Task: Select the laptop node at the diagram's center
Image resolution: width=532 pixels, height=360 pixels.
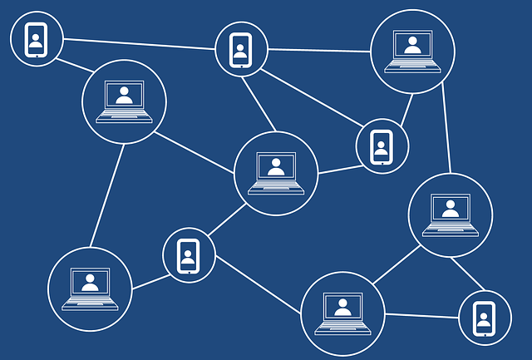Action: (276, 173)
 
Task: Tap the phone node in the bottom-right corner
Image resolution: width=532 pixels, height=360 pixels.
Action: (485, 317)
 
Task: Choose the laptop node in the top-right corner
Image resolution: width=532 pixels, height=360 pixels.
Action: (412, 51)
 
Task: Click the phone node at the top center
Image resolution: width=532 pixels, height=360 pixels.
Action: (241, 48)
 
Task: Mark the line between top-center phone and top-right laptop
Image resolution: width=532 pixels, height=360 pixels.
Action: (319, 50)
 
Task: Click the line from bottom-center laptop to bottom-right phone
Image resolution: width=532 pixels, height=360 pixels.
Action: (421, 314)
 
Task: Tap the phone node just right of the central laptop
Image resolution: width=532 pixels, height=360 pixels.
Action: (382, 146)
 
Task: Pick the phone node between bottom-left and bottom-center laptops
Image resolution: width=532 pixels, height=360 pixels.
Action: (189, 254)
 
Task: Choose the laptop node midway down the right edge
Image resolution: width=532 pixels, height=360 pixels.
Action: (450, 215)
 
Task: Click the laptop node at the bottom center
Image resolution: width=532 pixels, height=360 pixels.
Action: (342, 313)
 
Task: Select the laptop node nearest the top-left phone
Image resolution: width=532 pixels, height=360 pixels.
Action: (124, 101)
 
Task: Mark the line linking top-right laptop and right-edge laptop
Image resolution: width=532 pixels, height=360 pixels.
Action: (446, 128)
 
